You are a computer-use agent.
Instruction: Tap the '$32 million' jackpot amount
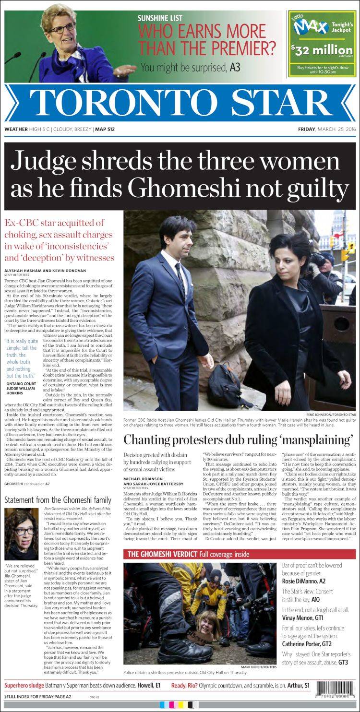322,50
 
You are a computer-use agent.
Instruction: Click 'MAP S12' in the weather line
105,129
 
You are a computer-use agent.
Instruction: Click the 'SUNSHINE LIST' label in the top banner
160,18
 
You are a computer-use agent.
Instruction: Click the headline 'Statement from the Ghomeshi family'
58,500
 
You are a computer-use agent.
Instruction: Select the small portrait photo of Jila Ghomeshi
21,534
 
